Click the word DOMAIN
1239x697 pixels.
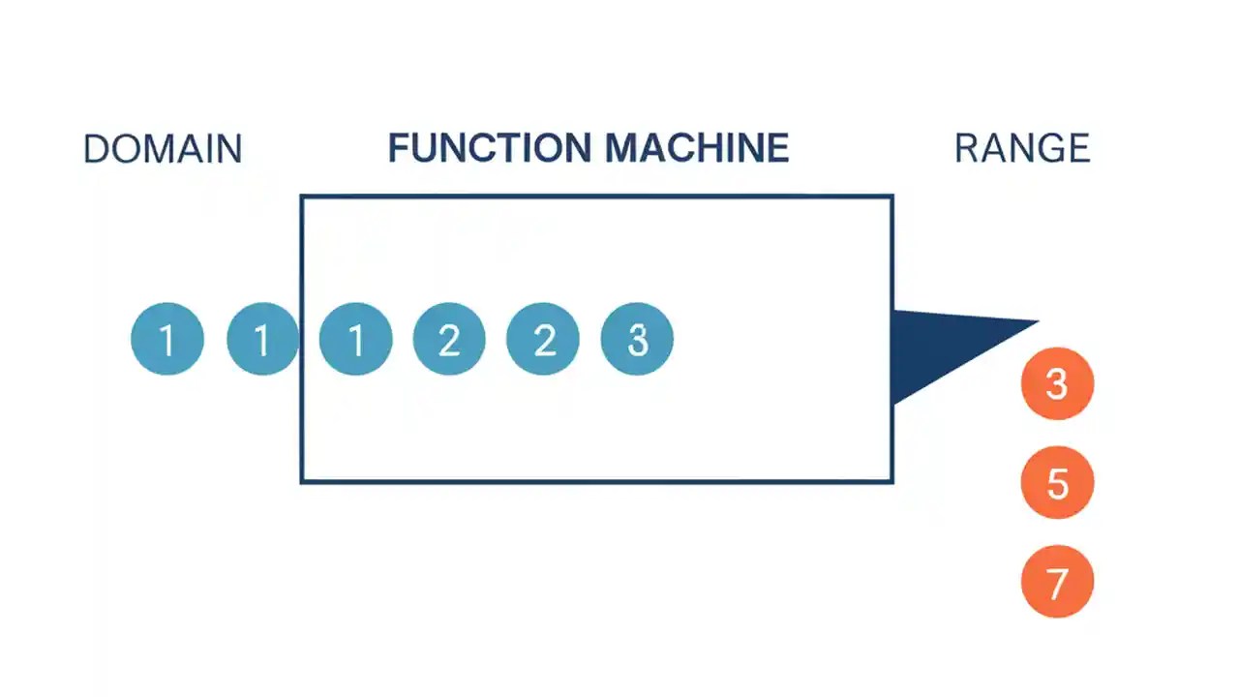(163, 149)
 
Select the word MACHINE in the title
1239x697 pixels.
(697, 148)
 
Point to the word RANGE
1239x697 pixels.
(1022, 149)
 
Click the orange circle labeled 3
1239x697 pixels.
(1057, 383)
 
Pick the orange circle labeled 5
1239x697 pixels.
(1057, 482)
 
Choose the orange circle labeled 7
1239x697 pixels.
(1057, 582)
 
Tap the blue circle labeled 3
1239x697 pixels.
(637, 339)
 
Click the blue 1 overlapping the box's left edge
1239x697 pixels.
(262, 339)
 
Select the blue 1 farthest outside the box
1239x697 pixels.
(167, 339)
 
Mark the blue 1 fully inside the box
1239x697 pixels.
(355, 339)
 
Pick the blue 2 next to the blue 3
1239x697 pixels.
(543, 339)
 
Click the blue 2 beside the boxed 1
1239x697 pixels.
(449, 339)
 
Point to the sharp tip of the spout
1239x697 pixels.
(1036, 322)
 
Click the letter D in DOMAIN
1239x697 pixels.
(95, 149)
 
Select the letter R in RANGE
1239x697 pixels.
(967, 149)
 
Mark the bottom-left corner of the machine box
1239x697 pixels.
(303, 480)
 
